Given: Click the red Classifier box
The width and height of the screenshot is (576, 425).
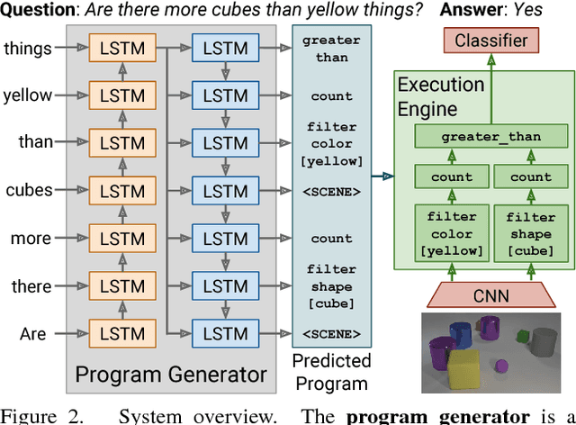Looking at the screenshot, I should pos(490,41).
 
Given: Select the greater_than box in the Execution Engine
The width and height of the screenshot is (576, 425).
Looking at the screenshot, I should pos(491,138).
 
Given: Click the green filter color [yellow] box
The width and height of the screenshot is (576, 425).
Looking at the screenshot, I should pos(451,231).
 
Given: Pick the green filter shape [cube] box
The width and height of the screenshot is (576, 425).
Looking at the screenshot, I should pos(530,231).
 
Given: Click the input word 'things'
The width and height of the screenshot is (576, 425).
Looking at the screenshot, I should pos(27,48).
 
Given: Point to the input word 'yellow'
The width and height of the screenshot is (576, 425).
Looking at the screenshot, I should pos(27,95).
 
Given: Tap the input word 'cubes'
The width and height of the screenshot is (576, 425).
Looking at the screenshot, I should pos(28,190).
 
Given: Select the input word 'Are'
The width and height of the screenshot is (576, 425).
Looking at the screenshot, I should pos(33,334).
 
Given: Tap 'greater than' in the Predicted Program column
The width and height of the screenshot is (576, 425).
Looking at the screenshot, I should pos(331,50).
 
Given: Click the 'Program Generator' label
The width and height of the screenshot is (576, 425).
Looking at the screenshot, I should pos(171,374).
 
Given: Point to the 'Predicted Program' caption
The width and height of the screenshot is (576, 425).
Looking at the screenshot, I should pos(332,372).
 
